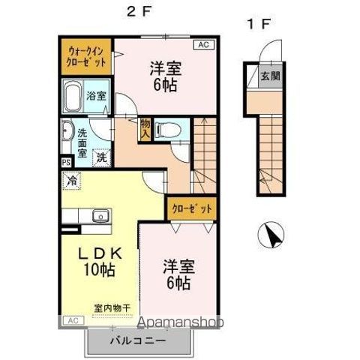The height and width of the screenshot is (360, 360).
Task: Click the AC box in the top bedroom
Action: pyautogui.click(x=204, y=45)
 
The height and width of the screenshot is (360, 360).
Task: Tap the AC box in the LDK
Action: pyautogui.click(x=73, y=320)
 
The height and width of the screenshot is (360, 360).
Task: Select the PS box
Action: pyautogui.click(x=66, y=163)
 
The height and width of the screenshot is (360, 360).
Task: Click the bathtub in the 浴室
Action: pyautogui.click(x=73, y=97)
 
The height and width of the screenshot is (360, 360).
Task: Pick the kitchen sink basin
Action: pyautogui.click(x=100, y=215)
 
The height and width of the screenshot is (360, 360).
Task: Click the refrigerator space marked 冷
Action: pyautogui.click(x=71, y=181)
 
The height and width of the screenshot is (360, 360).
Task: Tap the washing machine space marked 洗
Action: pyautogui.click(x=102, y=157)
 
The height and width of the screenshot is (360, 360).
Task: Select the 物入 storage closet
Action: pyautogui.click(x=145, y=129)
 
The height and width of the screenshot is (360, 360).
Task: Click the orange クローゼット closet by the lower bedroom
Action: pyautogui.click(x=191, y=208)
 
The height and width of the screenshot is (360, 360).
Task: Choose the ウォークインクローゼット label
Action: pyautogui.click(x=86, y=56)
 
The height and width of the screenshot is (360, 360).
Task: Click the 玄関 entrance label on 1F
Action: pyautogui.click(x=270, y=76)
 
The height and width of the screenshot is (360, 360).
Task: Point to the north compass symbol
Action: pyautogui.click(x=271, y=235)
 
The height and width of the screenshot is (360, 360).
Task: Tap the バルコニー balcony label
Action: pyautogui.click(x=138, y=340)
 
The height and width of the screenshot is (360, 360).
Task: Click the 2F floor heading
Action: pyautogui.click(x=139, y=12)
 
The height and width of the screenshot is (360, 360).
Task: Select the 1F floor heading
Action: pyautogui.click(x=259, y=24)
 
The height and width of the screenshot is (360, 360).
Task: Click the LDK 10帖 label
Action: pyautogui.click(x=100, y=262)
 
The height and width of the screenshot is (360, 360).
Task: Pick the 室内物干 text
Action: pyautogui.click(x=112, y=308)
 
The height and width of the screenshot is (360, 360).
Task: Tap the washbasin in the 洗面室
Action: pyautogui.click(x=67, y=130)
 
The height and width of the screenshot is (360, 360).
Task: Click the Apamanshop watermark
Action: pyautogui.click(x=181, y=322)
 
